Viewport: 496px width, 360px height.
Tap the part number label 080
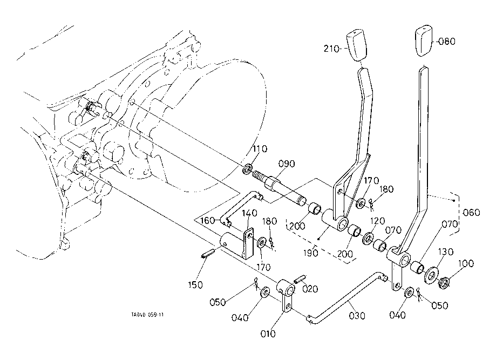447,40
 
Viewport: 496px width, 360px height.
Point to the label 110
260,148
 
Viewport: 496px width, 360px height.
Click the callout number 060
471,213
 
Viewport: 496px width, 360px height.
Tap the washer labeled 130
432,275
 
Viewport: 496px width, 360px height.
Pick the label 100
466,264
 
